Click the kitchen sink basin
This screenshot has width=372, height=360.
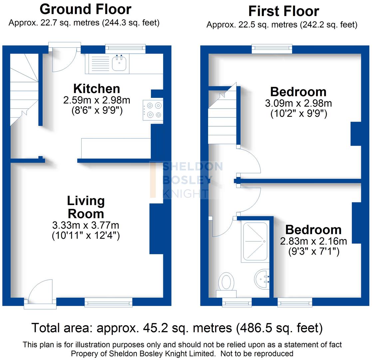click(119, 63)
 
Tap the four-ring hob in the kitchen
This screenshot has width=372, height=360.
click(153, 110)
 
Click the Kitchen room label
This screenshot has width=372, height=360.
click(97, 89)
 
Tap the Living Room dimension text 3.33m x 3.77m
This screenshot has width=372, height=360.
click(86, 225)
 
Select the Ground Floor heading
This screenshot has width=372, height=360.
click(86, 9)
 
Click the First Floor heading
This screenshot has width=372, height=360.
click(283, 11)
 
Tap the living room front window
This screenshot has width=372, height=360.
click(108, 302)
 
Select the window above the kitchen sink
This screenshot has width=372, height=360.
click(125, 49)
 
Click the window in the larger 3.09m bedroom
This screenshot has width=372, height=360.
click(272, 49)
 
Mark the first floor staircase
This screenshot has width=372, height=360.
click(222, 117)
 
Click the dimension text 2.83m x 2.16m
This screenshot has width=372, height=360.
click(313, 241)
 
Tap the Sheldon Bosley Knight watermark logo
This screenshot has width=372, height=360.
click(186, 180)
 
